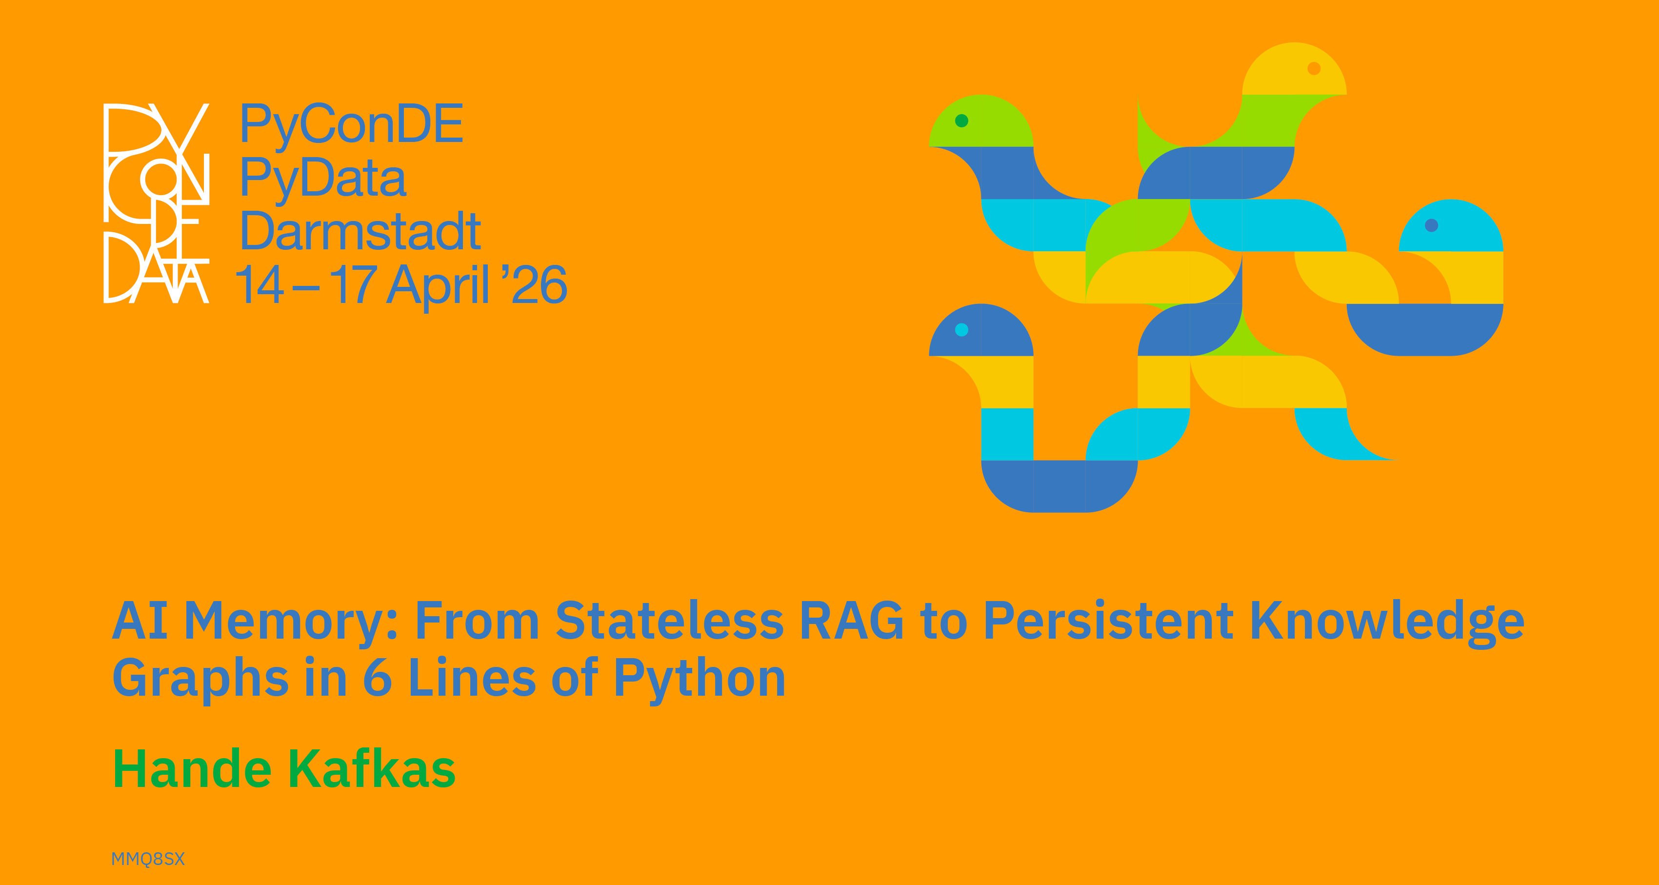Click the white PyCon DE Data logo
(157, 203)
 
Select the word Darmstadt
(360, 231)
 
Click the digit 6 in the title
(378, 678)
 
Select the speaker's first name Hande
(192, 768)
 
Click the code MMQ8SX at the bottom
(148, 859)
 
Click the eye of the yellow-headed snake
(1315, 68)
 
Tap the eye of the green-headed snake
(961, 121)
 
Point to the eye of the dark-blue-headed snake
(961, 330)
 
